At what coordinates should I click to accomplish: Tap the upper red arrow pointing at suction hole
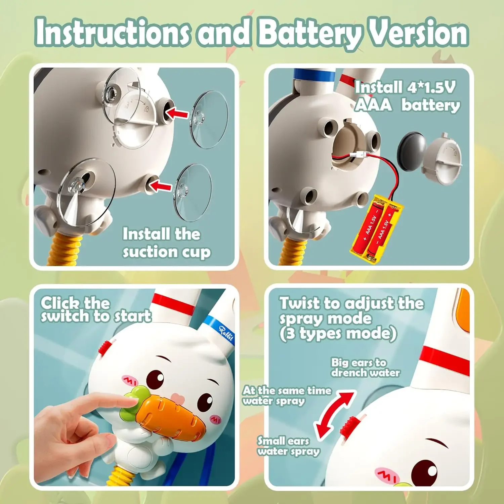(x=177, y=113)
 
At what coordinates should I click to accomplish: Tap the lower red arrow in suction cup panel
(x=160, y=185)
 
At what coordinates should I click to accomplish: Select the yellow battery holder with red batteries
(x=376, y=230)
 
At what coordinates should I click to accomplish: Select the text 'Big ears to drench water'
(x=365, y=368)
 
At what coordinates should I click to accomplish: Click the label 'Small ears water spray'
(x=288, y=446)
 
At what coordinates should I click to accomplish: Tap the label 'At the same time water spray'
(x=287, y=395)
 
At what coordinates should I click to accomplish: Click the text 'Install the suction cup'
(x=166, y=243)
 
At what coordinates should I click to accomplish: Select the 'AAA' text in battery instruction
(x=373, y=105)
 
